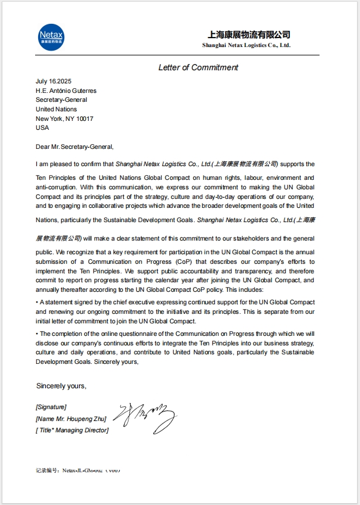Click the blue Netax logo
tap(51, 36)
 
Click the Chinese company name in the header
tap(249, 35)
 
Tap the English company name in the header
tap(246, 45)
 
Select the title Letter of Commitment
tap(198, 67)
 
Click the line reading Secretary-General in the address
tap(61, 100)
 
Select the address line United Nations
tap(56, 110)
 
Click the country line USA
tap(42, 127)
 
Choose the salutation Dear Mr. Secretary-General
tap(74, 146)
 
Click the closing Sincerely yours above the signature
tap(61, 386)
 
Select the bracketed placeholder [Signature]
tap(51, 407)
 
